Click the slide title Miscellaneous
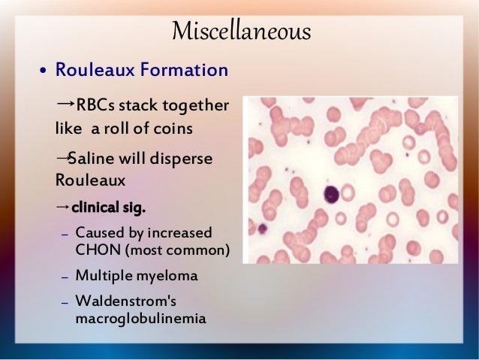pos(240,32)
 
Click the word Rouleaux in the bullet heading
pos(93,71)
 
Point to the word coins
pos(175,128)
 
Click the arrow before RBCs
pos(65,103)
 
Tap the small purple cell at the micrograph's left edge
pos(263,228)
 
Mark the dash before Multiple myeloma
pos(65,277)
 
